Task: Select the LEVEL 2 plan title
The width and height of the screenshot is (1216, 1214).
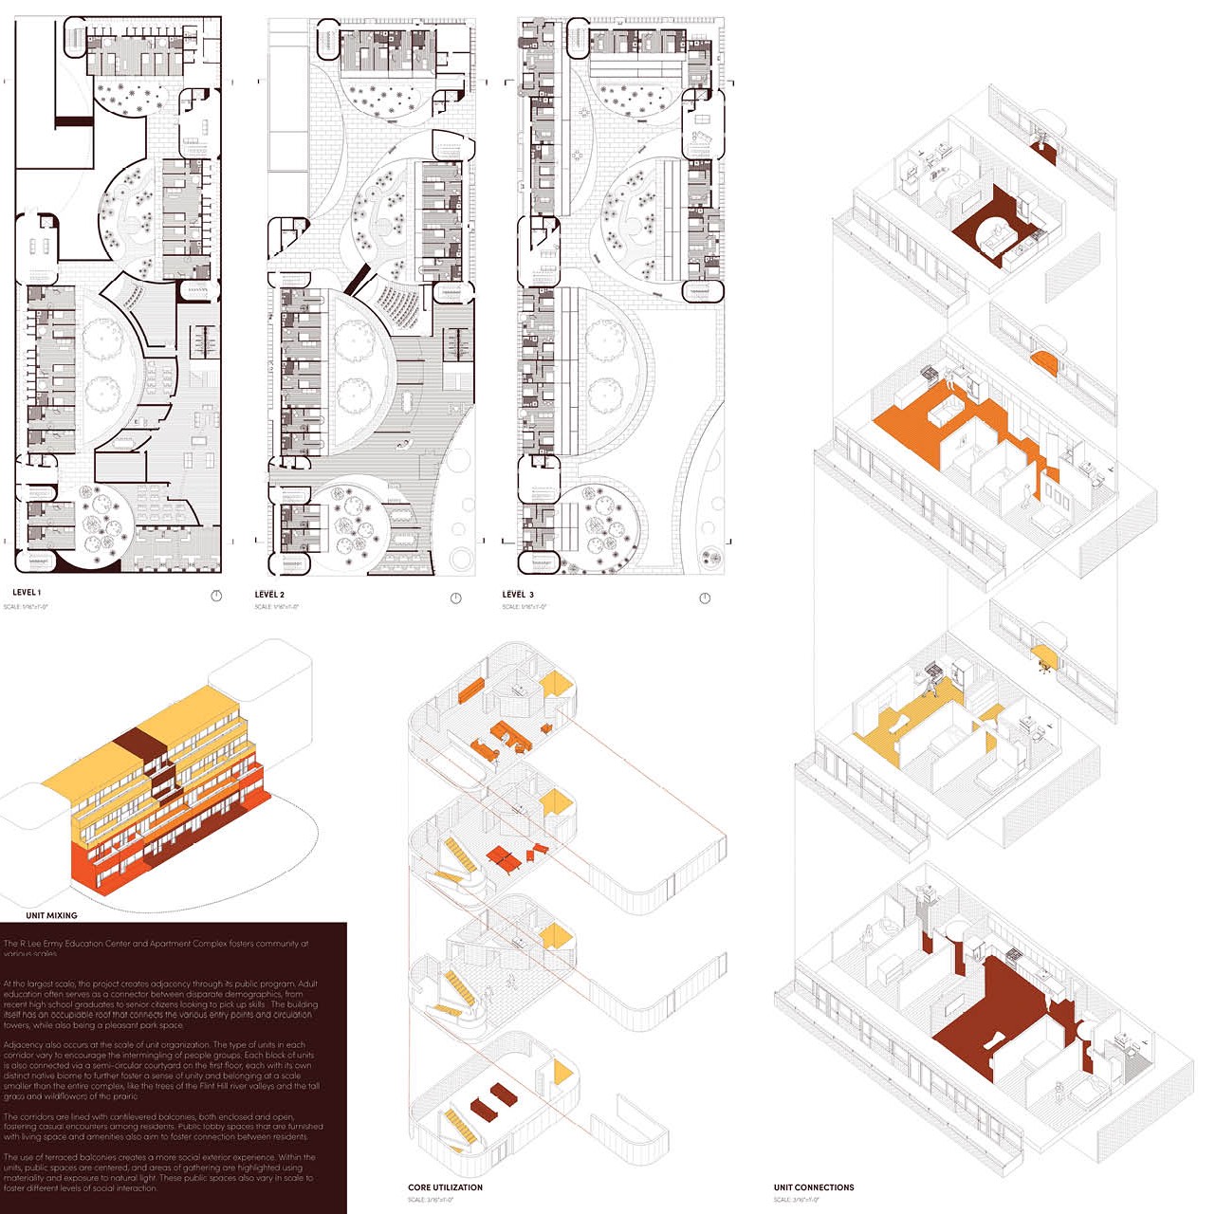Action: (x=269, y=595)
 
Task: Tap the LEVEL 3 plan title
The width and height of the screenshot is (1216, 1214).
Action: (x=518, y=595)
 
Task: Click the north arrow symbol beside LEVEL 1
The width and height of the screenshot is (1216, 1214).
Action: (x=216, y=596)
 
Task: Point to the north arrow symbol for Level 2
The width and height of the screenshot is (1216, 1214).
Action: (x=455, y=598)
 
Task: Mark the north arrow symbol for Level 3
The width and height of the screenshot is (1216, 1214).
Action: (x=705, y=598)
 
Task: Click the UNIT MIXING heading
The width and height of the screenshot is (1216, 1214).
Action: (x=51, y=915)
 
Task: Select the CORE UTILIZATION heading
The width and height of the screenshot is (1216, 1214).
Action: (x=445, y=1187)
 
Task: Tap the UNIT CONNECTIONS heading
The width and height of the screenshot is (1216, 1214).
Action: (x=813, y=1187)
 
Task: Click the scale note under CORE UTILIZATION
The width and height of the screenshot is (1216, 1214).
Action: (x=430, y=1200)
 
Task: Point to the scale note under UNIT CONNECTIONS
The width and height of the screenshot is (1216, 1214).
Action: (x=796, y=1200)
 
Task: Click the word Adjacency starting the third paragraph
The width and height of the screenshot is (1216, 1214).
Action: (x=23, y=1045)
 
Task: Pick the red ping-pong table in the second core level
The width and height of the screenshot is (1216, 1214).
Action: (x=506, y=859)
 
